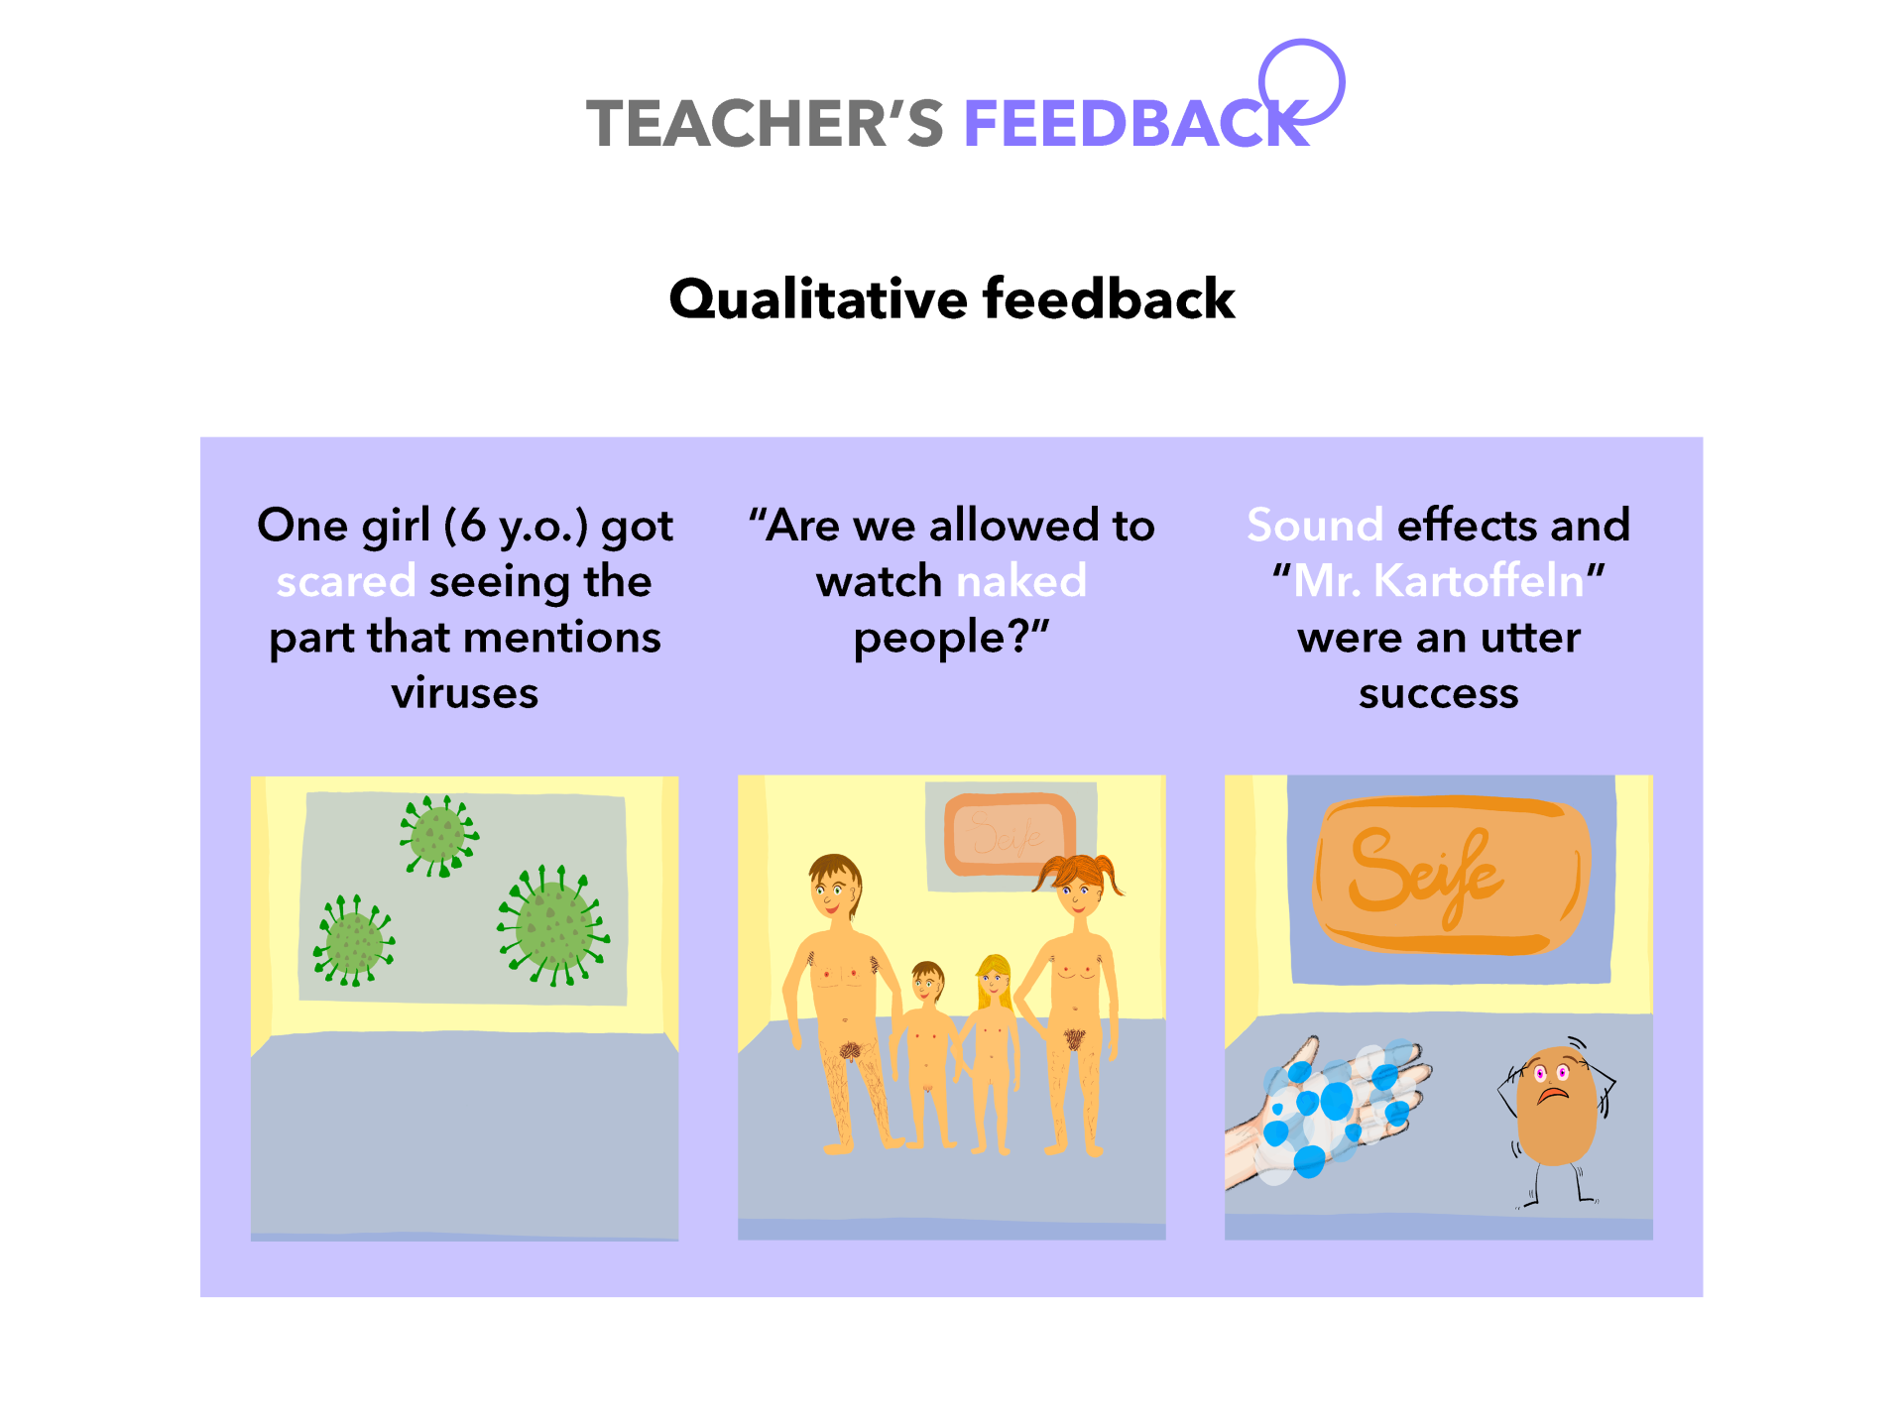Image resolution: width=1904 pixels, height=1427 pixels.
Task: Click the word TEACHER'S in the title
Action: [765, 124]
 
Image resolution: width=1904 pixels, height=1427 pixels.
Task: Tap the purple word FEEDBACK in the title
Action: [1136, 124]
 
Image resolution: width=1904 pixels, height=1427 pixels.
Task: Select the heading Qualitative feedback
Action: [952, 298]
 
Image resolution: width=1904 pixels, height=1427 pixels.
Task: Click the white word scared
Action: [346, 581]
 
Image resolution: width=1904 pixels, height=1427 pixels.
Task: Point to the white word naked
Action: [1021, 580]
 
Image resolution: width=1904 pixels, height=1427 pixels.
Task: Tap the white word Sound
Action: [1315, 525]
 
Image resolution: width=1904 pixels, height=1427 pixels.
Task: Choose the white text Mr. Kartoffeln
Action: [1439, 581]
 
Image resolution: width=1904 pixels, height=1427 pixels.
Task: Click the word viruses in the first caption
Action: [465, 693]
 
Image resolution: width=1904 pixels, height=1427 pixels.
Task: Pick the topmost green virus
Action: [439, 836]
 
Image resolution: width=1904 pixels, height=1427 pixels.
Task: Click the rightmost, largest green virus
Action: [553, 924]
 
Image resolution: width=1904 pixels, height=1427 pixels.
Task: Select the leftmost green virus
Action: [353, 941]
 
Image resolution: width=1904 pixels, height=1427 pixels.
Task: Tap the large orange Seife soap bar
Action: [1451, 875]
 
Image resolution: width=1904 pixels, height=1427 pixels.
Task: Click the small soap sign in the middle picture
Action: [1010, 834]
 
